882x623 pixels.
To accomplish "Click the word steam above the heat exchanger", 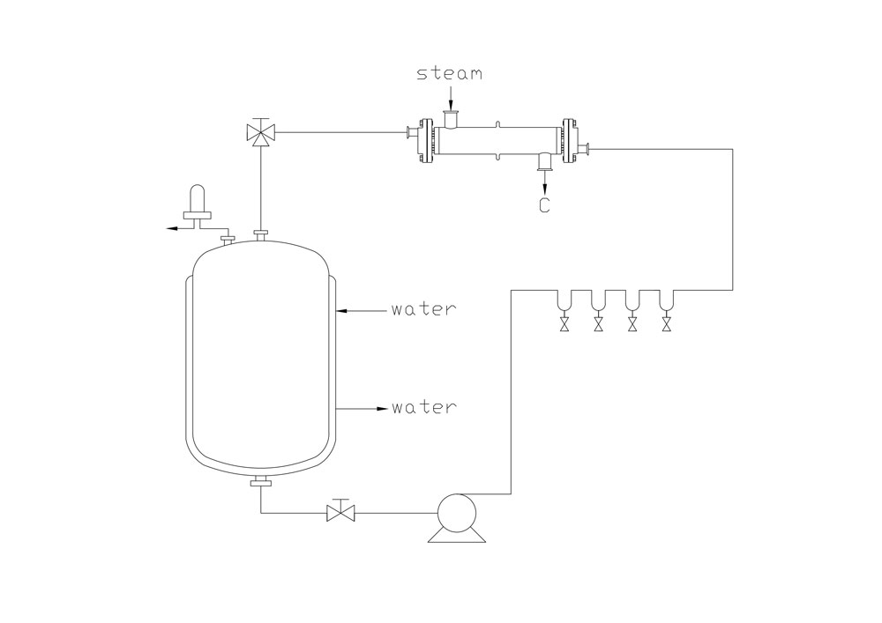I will click(x=450, y=74).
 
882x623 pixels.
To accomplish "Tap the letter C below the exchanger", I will click(x=544, y=206).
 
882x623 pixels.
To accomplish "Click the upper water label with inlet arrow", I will click(x=424, y=309).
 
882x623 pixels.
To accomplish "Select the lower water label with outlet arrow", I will click(x=424, y=408).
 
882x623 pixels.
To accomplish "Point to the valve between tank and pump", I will click(x=340, y=512).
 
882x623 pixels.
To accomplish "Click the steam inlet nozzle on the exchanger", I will click(x=451, y=117).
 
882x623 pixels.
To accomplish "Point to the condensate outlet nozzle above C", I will click(x=544, y=159).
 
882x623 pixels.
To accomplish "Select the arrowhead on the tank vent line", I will click(x=170, y=228).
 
